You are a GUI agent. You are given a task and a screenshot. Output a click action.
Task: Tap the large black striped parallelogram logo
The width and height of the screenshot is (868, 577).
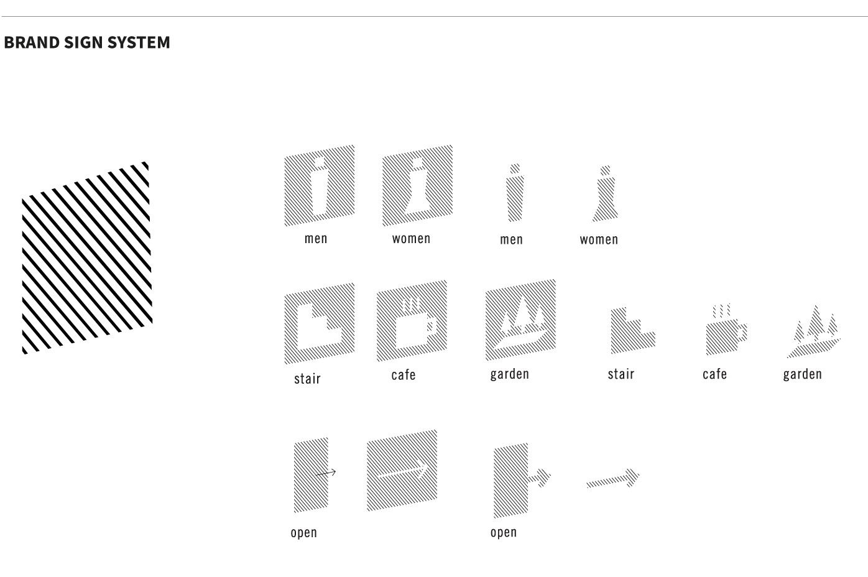(86, 257)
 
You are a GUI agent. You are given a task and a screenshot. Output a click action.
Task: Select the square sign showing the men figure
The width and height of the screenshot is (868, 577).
(320, 186)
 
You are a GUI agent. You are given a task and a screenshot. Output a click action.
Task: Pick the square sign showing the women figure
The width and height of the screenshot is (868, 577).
(417, 185)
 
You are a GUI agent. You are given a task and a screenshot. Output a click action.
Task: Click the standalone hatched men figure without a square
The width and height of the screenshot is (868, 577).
(514, 194)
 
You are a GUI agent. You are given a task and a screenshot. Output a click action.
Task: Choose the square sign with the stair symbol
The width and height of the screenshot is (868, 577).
(320, 323)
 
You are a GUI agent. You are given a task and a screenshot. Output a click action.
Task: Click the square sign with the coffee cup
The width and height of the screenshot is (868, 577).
(412, 320)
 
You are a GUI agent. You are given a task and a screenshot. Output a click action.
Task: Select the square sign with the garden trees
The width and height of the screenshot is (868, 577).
(520, 320)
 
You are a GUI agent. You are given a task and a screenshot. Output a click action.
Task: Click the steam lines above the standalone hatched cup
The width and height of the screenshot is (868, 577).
(721, 310)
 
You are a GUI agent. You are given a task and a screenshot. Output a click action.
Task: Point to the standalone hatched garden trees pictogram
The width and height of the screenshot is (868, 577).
(814, 333)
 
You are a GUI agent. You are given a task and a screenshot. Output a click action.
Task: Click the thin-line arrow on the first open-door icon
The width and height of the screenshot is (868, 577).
(326, 473)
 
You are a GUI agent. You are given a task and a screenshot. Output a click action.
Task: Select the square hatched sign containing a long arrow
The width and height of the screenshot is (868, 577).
(402, 470)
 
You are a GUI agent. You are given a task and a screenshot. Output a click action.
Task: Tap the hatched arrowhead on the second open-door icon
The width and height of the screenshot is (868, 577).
(542, 477)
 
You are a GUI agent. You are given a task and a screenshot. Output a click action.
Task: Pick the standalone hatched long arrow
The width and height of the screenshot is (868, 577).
(613, 479)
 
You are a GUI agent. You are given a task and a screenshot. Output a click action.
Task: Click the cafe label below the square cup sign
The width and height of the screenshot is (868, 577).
(404, 375)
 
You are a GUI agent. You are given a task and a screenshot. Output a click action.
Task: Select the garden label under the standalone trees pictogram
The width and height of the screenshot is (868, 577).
(802, 374)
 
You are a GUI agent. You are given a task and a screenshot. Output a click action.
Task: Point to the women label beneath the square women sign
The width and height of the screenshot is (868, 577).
(411, 239)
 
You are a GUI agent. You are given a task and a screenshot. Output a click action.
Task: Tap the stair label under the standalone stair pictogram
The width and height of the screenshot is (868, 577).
(621, 374)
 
